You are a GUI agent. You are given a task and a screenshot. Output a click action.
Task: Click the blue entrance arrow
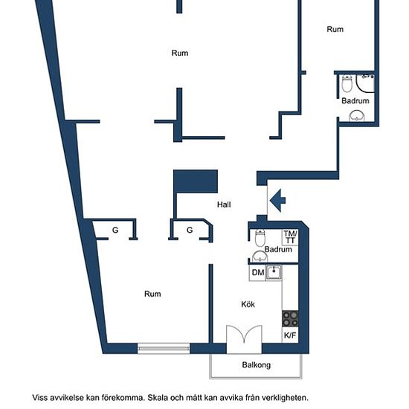point(277,201)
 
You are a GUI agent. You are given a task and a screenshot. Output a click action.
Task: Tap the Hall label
point(224,204)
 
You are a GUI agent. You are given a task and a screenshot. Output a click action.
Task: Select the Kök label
point(248,304)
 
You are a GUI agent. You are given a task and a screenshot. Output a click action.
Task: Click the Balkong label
point(256,365)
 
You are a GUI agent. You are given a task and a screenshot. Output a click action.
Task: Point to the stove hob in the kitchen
point(290,319)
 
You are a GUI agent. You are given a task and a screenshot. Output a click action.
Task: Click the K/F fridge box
point(290,335)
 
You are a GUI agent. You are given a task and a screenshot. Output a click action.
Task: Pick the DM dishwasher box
point(257,273)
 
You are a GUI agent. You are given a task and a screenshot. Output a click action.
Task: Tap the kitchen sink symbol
point(274,273)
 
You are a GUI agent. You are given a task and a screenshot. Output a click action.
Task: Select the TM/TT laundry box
point(290,237)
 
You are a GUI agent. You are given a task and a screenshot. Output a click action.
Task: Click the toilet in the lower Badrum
point(260,238)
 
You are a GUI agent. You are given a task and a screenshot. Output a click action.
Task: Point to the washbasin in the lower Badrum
point(260,256)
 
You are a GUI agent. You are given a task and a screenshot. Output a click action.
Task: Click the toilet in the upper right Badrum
point(347,83)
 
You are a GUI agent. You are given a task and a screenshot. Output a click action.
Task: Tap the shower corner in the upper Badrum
point(365,83)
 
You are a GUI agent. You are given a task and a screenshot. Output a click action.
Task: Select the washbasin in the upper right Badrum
point(356,116)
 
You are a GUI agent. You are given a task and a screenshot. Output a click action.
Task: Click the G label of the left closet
point(115,230)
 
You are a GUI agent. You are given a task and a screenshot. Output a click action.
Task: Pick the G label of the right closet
point(190,230)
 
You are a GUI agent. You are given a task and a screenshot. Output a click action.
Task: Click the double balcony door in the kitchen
point(244,339)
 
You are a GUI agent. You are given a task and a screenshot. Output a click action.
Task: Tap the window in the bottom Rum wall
point(164,348)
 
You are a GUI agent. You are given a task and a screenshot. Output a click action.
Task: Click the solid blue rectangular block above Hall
point(196,181)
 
